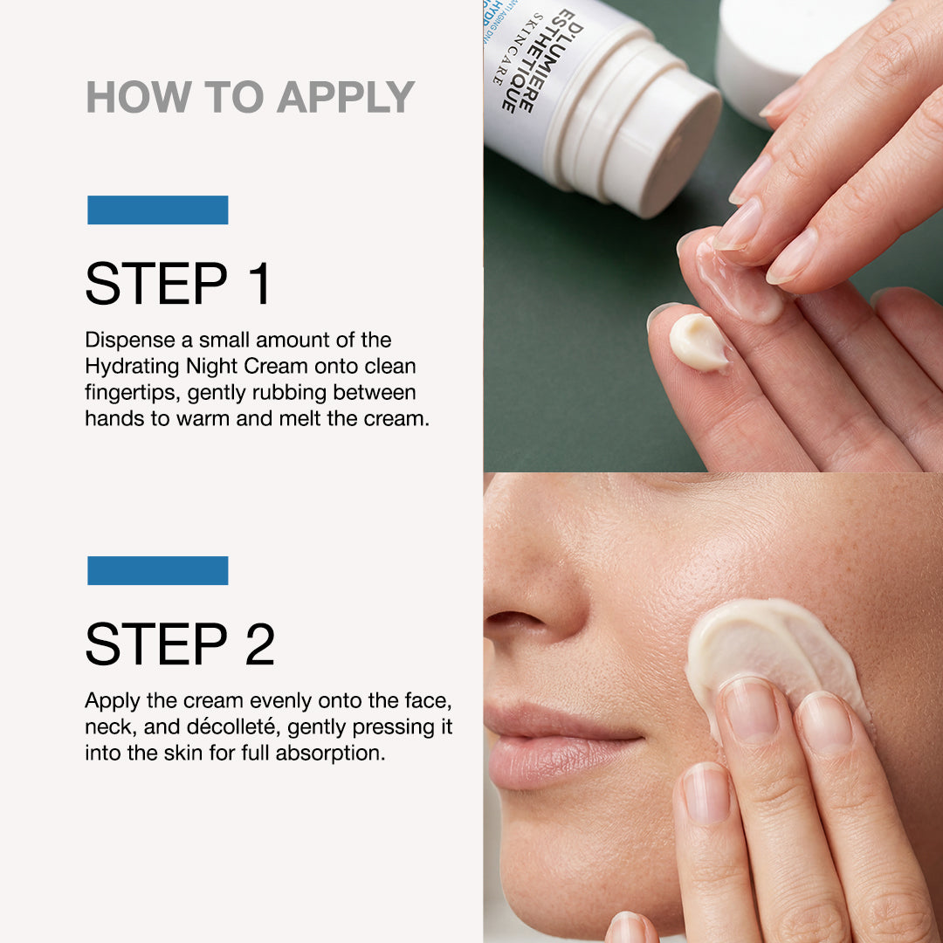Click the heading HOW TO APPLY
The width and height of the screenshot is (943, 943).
point(250,97)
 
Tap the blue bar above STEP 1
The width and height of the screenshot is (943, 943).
point(158,210)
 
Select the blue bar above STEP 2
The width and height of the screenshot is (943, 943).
point(158,570)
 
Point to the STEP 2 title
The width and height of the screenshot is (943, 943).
point(180,644)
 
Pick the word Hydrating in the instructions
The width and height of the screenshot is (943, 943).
point(128,366)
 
